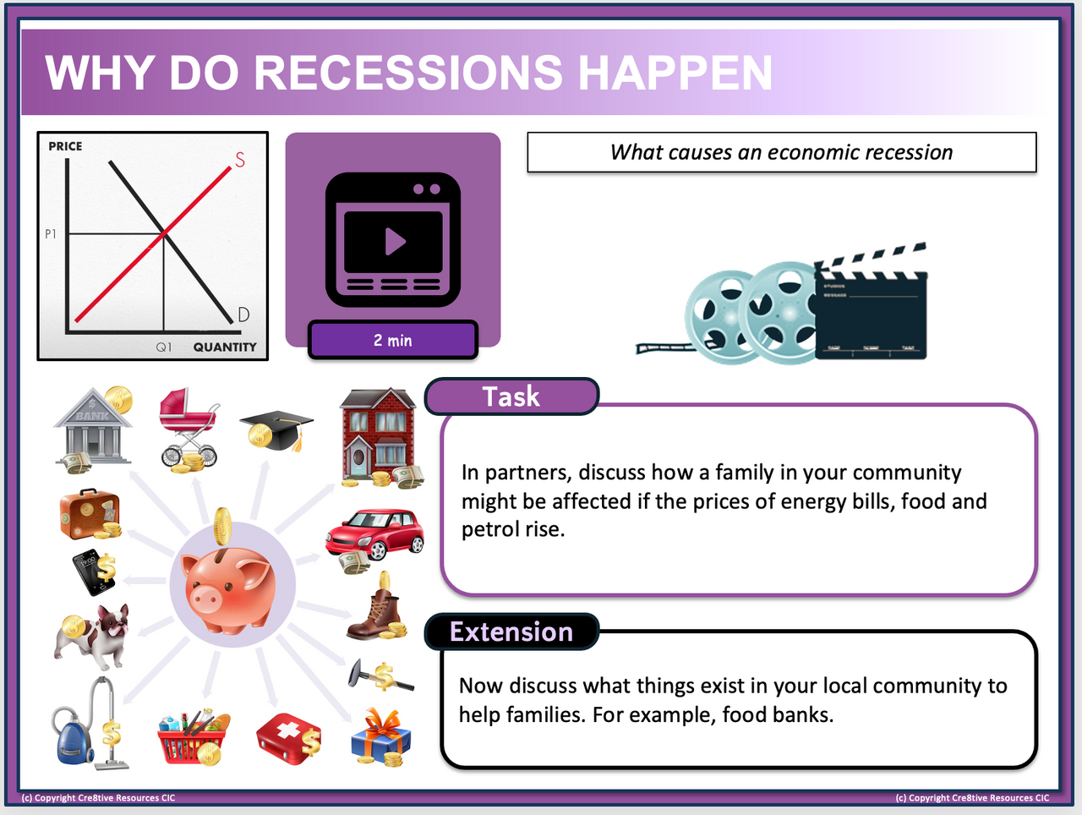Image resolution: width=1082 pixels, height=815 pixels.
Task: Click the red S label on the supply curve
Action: point(240,160)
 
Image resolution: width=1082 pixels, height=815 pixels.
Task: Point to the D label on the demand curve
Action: point(243,314)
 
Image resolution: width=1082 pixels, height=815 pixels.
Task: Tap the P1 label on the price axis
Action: point(50,233)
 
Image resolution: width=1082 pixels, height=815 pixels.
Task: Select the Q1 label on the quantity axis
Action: point(164,347)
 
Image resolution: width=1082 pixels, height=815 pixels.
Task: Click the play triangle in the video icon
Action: point(395,241)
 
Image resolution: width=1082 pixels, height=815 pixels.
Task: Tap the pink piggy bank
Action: point(227,588)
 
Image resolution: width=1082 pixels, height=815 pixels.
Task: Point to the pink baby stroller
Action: point(189,428)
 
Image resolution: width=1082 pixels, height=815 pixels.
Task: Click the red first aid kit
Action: point(289,738)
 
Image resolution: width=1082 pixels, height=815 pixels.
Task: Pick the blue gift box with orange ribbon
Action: point(380,737)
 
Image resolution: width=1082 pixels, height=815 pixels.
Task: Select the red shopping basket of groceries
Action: point(194,737)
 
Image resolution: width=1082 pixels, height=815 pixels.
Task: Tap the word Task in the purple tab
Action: point(511,397)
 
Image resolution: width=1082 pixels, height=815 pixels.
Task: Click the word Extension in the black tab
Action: point(511,632)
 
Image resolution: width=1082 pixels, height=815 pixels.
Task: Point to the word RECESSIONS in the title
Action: point(407,73)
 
